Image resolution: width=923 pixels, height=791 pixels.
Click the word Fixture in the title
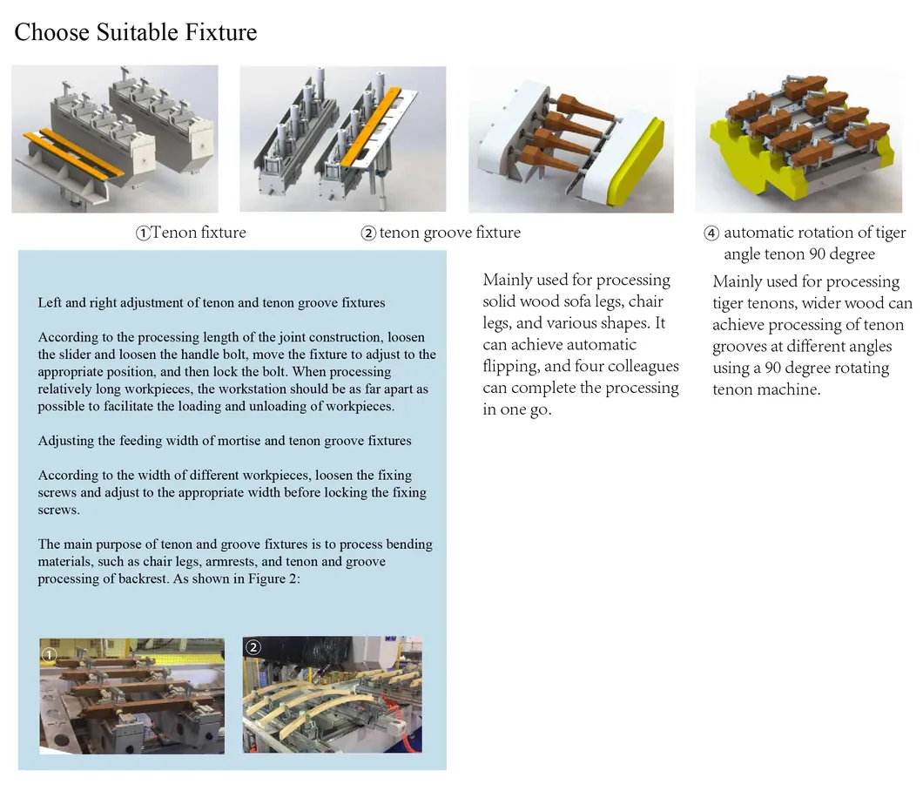point(221,32)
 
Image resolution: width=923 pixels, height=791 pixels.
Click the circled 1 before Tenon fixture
point(143,233)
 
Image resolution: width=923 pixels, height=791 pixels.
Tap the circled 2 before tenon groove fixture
point(368,233)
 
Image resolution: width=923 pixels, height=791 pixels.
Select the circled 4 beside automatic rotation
point(711,233)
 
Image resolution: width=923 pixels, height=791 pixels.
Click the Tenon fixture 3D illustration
point(115,139)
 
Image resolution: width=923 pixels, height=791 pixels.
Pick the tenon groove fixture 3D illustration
point(342,139)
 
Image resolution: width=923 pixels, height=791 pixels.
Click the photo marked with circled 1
point(131,695)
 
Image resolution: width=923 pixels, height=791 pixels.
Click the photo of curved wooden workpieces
point(333,694)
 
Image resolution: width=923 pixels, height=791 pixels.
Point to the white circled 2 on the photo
point(253,647)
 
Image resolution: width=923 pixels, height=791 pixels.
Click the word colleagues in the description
point(643,367)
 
